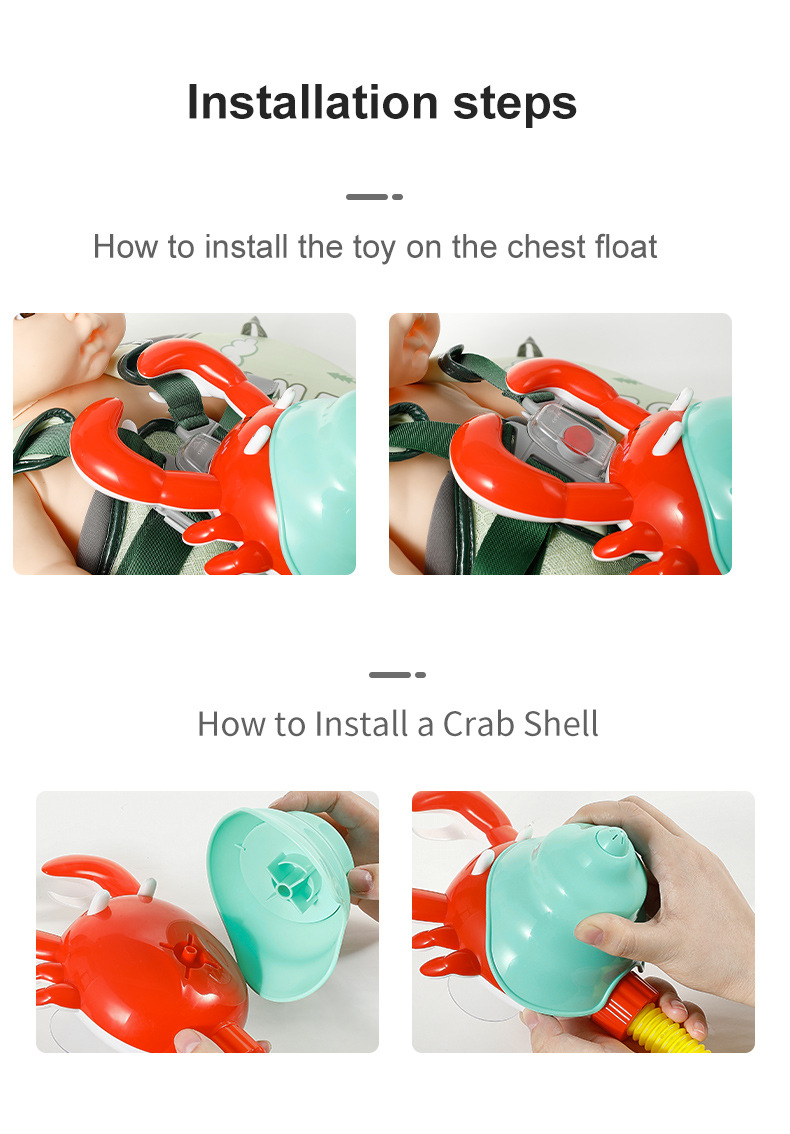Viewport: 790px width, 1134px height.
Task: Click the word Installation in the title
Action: click(313, 102)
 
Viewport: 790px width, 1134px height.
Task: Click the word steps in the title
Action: click(515, 104)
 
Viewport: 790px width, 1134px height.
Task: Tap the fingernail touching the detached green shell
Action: click(360, 881)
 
